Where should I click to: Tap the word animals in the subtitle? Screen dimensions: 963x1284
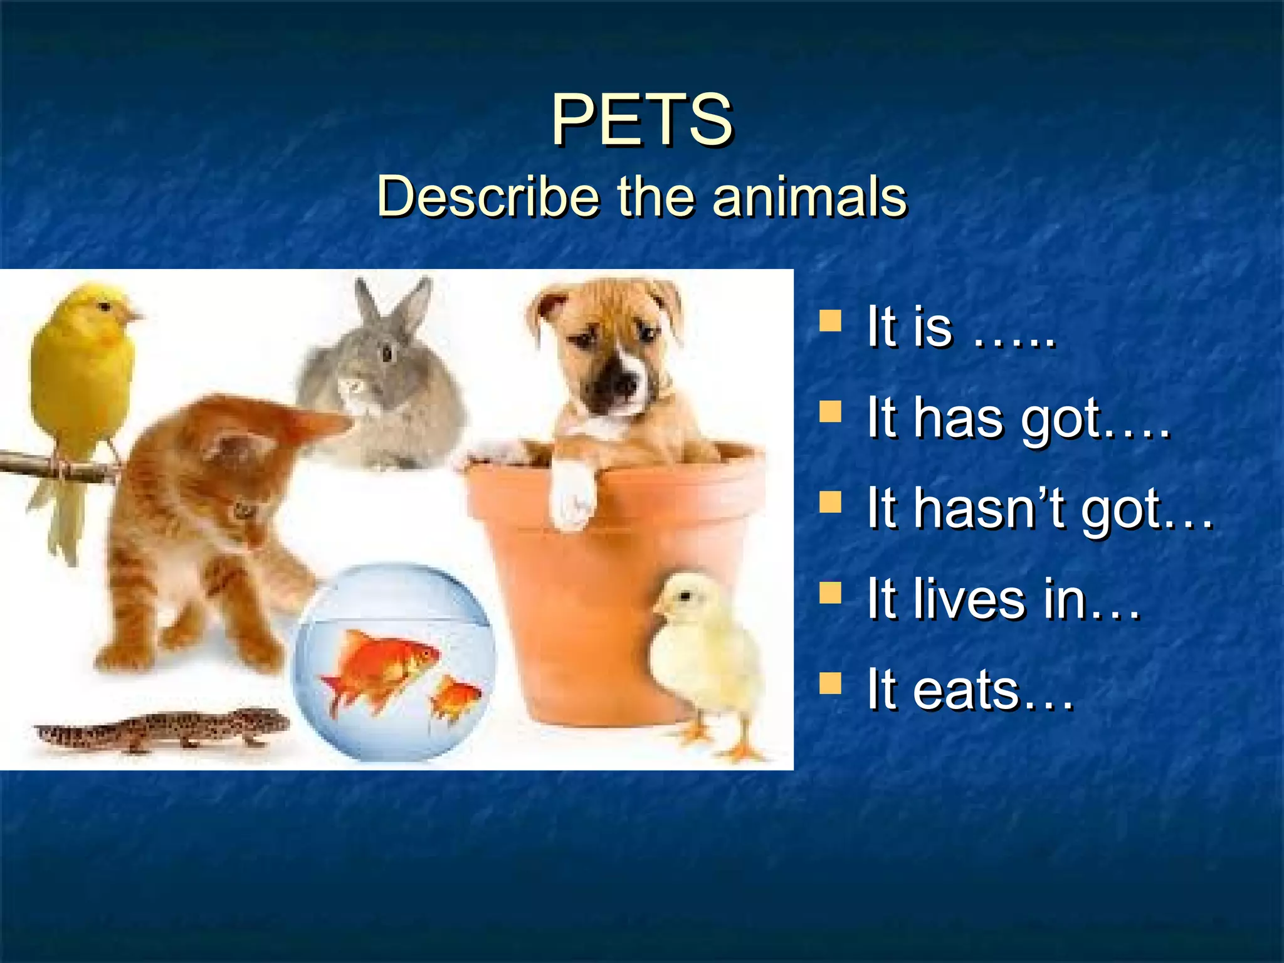pyautogui.click(x=809, y=197)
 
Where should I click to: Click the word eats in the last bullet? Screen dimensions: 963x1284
pyautogui.click(x=966, y=690)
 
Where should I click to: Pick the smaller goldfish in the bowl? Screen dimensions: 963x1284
pyautogui.click(x=456, y=696)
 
